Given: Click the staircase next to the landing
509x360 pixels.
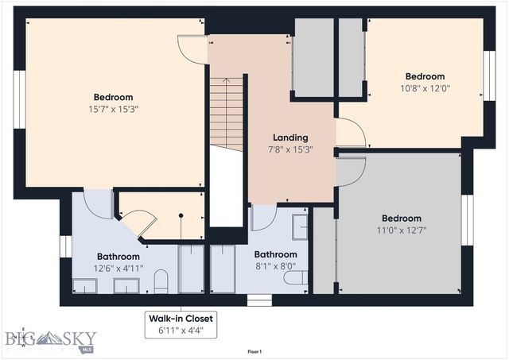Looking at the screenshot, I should tap(226, 111).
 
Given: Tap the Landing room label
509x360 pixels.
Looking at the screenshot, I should tap(289, 137).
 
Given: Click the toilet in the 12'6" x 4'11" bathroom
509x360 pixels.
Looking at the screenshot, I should tap(161, 281).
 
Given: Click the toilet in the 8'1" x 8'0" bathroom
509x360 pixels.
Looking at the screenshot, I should tap(297, 278).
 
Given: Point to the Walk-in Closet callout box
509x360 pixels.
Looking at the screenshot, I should tap(181, 323).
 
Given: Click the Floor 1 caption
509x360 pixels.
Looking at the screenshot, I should tap(254, 350).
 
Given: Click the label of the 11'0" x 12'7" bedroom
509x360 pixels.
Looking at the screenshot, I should tap(401, 219).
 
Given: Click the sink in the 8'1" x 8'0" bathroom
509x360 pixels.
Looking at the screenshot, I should tap(300, 227).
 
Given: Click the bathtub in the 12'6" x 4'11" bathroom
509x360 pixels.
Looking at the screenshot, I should tap(192, 269).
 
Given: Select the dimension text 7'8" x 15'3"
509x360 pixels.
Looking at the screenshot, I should tap(289, 149).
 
